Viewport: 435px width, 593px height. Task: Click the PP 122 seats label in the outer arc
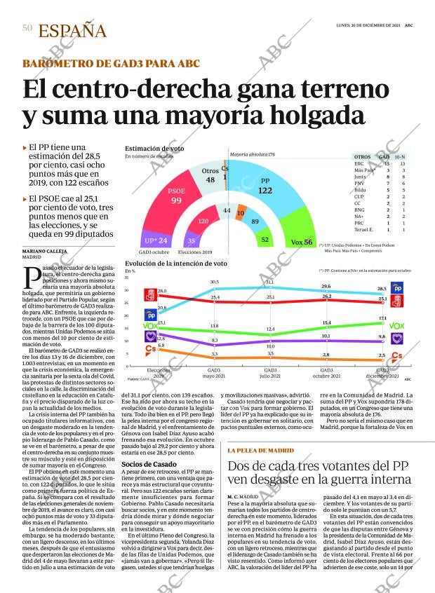tap(265, 186)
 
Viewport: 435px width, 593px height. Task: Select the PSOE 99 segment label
tap(176, 196)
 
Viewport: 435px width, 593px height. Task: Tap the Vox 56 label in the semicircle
tap(301, 242)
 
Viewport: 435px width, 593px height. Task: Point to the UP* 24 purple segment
tap(154, 240)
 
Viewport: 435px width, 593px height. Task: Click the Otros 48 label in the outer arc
tap(210, 175)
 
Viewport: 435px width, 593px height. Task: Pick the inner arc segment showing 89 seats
tap(255, 221)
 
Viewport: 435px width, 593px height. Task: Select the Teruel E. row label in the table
tap(365, 229)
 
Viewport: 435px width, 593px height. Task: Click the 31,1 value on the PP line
tap(269, 282)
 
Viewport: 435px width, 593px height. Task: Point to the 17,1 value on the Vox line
tap(382, 318)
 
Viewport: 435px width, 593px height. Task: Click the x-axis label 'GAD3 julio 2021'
tap(270, 372)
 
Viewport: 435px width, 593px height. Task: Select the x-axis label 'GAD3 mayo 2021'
tap(214, 372)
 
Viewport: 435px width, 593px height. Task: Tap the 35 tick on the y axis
tap(127, 278)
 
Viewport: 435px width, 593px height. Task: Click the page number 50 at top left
tap(27, 27)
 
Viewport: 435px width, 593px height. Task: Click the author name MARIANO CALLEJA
tap(46, 251)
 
